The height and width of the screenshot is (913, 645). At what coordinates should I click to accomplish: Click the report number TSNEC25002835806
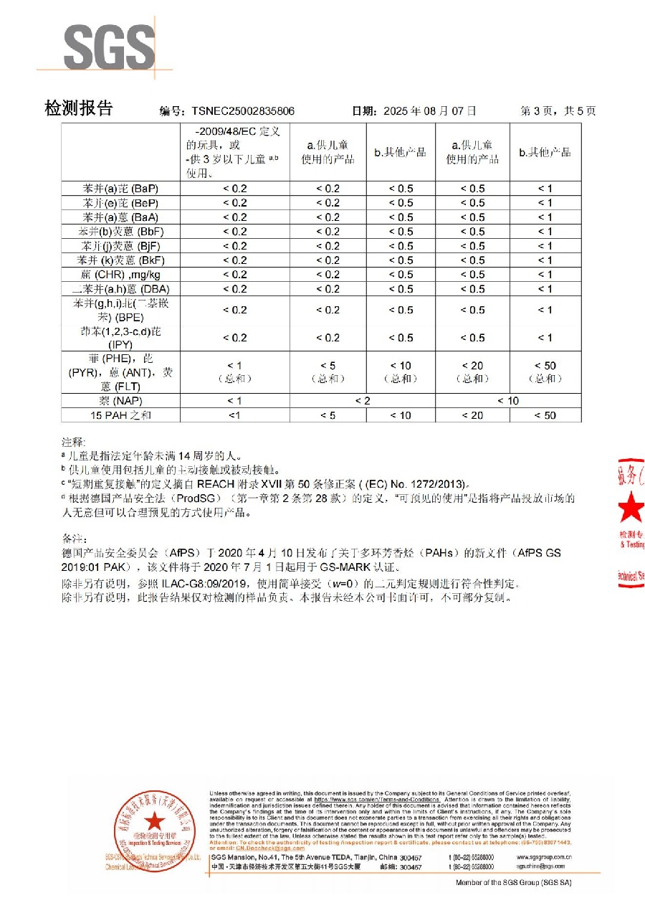pos(243,111)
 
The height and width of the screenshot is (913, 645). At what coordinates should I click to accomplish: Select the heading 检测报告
pos(79,108)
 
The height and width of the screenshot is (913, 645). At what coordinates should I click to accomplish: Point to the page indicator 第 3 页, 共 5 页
pos(558,111)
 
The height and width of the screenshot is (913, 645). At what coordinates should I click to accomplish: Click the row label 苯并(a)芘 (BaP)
pos(120,189)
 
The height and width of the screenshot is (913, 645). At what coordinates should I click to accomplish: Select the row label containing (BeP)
pos(120,203)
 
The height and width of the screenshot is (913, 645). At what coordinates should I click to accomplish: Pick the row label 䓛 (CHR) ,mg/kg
pos(120,275)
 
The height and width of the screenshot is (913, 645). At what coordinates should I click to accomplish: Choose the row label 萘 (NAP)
pos(120,400)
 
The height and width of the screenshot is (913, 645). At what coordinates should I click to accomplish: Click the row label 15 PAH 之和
pos(120,415)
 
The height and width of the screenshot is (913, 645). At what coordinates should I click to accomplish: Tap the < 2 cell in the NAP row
pos(363,400)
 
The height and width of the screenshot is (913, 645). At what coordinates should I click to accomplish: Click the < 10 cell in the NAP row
pos(508,400)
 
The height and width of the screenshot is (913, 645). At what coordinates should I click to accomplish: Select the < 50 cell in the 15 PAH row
pos(545,415)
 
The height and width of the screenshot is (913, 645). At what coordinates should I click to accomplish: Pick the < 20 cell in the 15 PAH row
pos(472,415)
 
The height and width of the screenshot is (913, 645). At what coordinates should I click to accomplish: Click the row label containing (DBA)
pos(120,289)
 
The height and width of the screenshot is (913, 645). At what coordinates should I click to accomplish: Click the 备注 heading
pos(74,538)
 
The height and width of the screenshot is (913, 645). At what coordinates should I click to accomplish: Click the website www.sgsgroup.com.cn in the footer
pos(544,857)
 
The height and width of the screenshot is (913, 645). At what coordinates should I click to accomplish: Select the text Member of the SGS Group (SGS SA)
pos(518,882)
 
